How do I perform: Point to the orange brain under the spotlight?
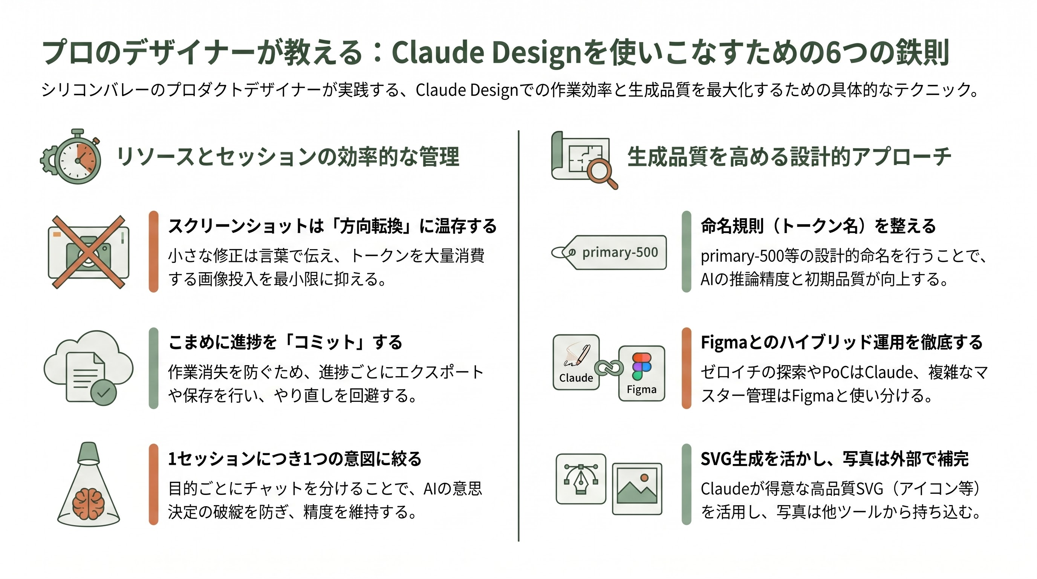(88, 503)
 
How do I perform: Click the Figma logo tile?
(641, 373)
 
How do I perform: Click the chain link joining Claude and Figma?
(609, 368)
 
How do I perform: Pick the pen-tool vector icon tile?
(581, 479)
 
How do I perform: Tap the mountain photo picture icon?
(637, 489)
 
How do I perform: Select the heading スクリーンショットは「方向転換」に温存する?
(332, 226)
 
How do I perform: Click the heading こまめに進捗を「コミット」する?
(285, 342)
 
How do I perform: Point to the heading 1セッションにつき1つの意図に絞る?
(294, 459)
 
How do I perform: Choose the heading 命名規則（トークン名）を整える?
(818, 226)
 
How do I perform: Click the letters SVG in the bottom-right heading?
(715, 459)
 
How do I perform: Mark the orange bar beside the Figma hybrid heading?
(686, 368)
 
